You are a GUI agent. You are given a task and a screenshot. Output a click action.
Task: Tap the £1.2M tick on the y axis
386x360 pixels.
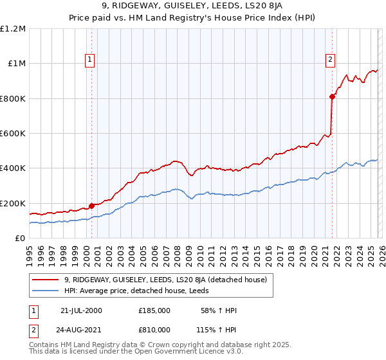pos(13,29)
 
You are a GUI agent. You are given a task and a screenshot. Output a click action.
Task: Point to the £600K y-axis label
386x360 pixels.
pos(13,134)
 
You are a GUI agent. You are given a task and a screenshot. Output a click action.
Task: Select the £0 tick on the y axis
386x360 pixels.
pos(19,239)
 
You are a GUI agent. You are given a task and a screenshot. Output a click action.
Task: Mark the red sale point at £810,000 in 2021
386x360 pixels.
pos(332,97)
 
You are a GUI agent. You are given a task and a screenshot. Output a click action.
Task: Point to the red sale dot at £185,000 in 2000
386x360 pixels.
pos(91,206)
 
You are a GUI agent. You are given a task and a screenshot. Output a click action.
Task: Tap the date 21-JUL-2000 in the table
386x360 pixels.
pos(81,310)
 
